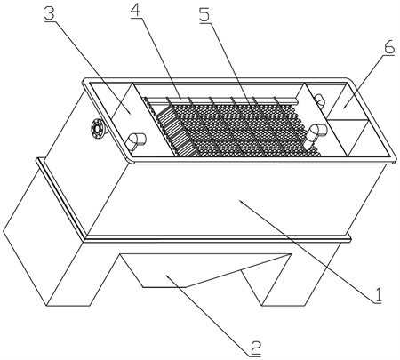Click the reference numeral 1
(377, 295)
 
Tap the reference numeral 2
(254, 348)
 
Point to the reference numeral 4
(135, 10)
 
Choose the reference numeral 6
(388, 46)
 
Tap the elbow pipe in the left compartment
(136, 140)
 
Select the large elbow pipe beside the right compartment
(316, 134)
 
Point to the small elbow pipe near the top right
(319, 100)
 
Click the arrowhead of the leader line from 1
(241, 202)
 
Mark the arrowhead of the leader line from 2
(168, 276)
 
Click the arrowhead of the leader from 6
(344, 108)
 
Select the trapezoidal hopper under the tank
(204, 270)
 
